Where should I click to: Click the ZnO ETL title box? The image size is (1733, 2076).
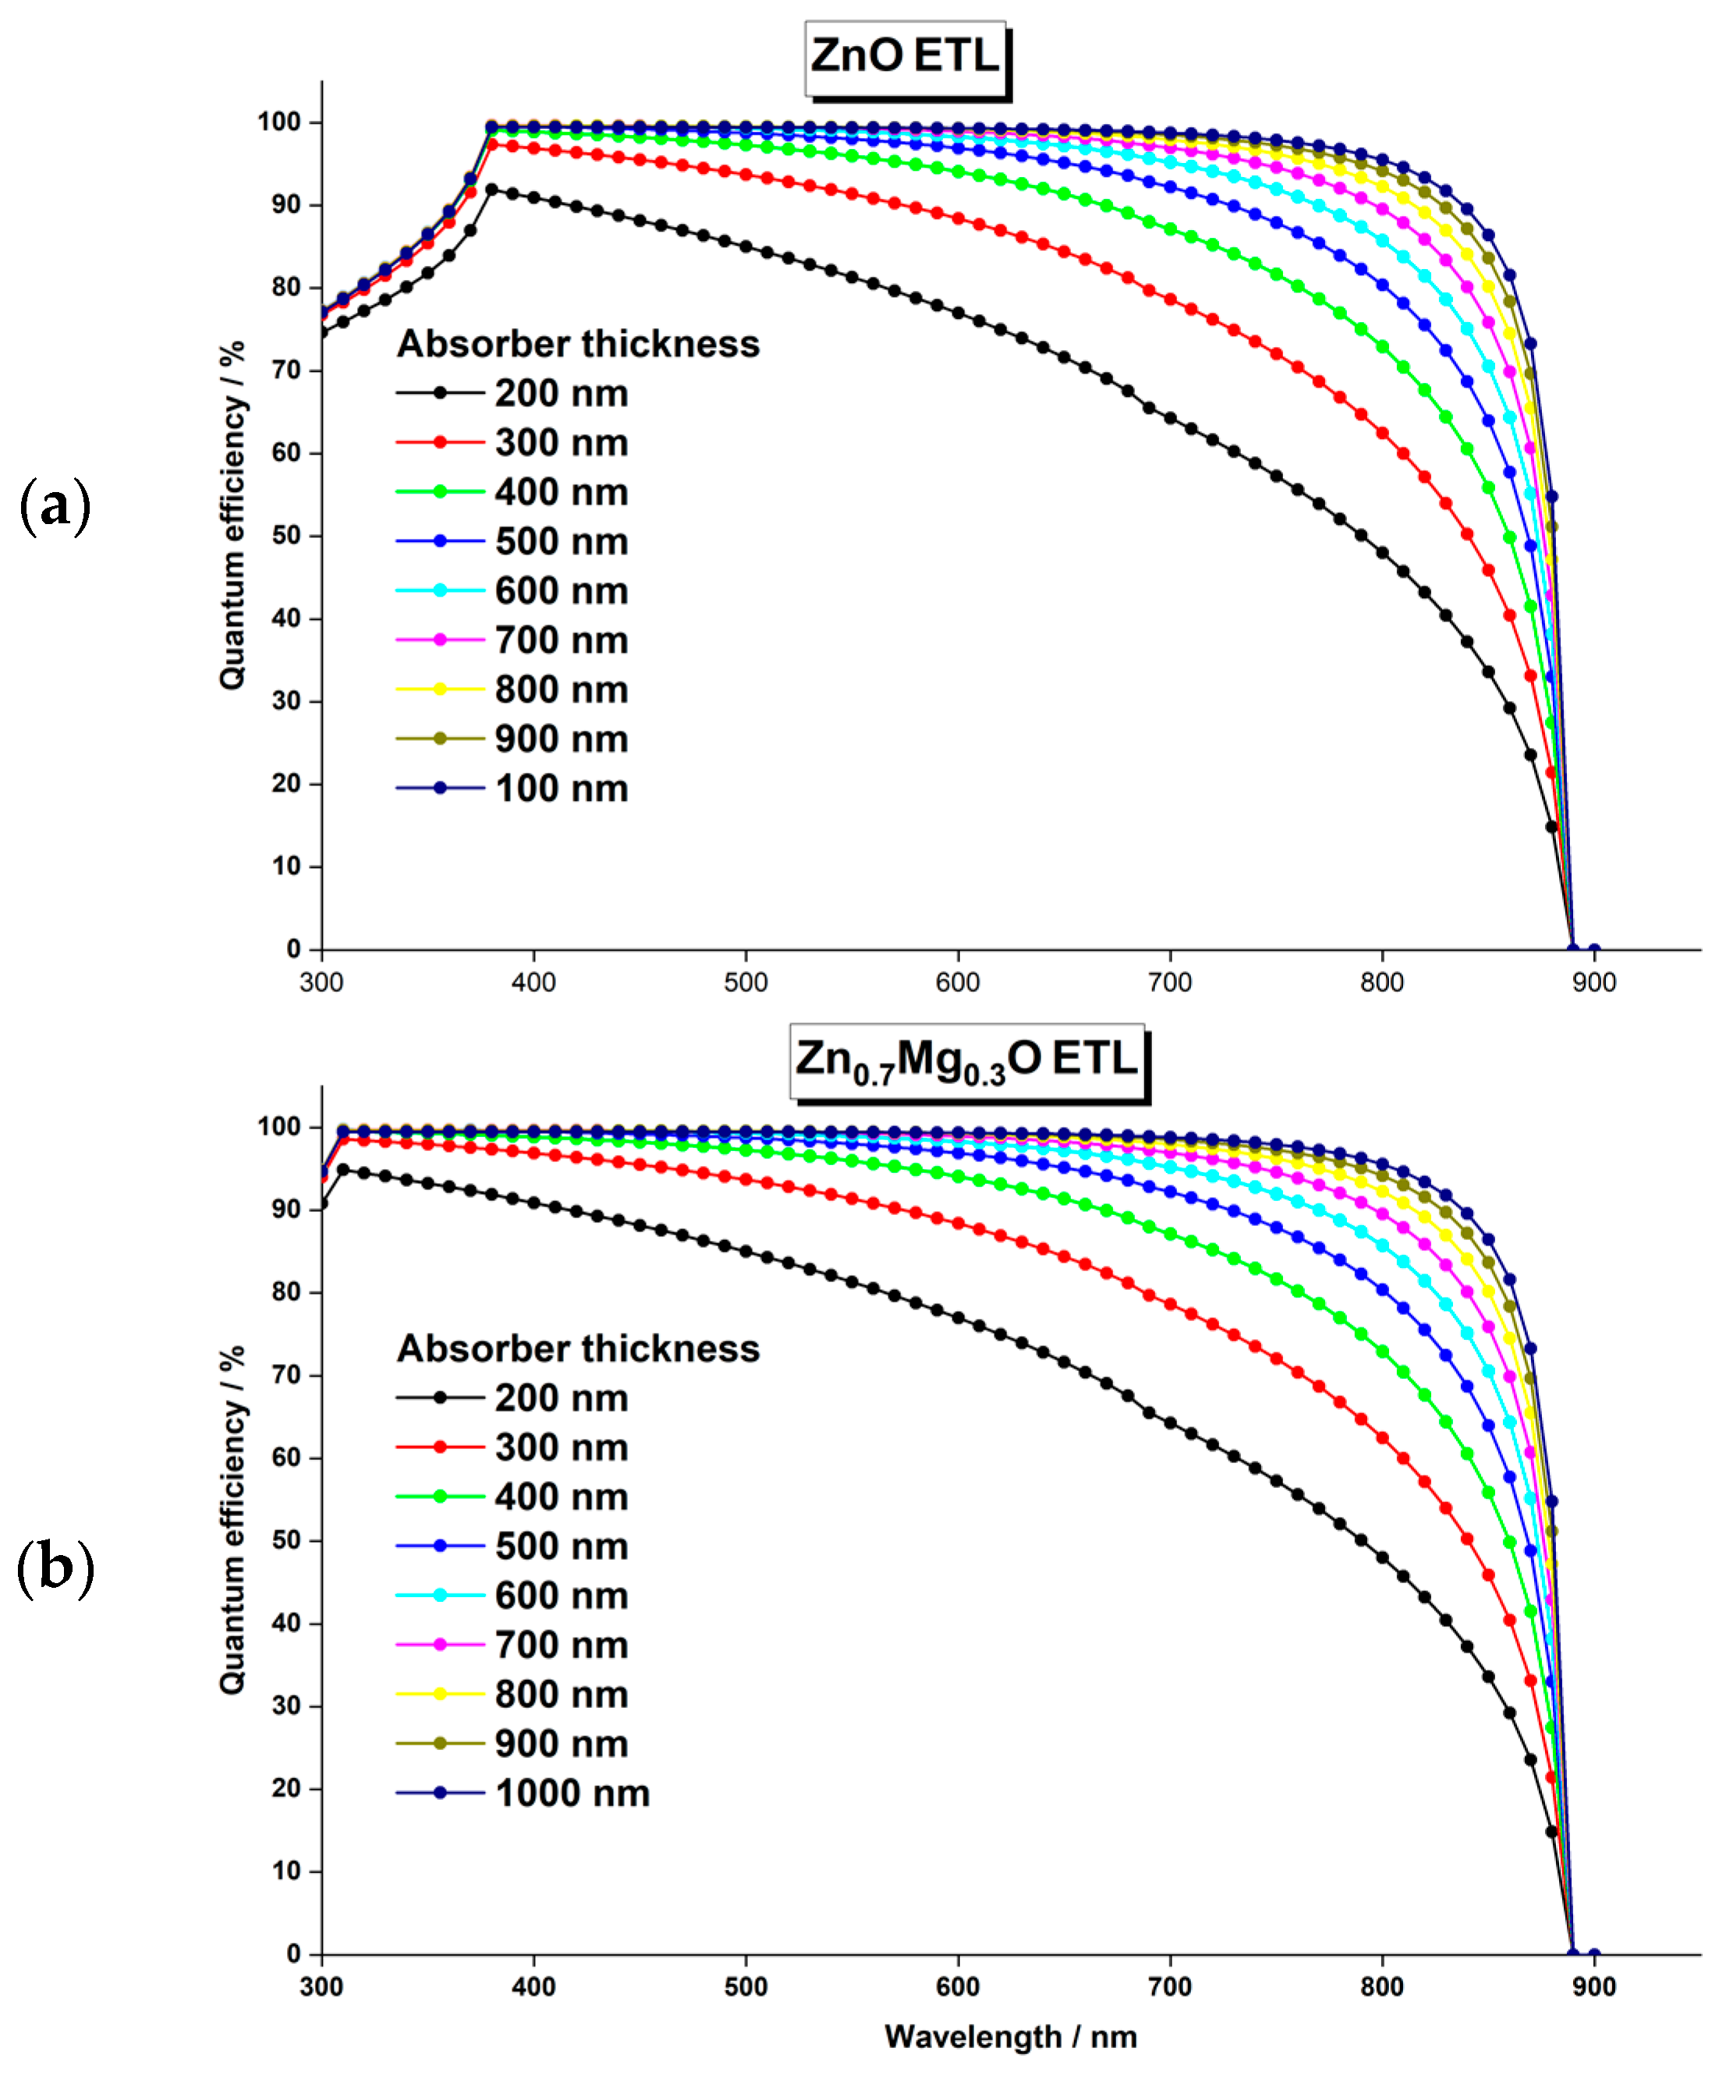(x=905, y=58)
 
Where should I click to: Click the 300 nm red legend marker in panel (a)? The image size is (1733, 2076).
(x=440, y=442)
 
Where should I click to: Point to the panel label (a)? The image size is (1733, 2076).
(x=55, y=505)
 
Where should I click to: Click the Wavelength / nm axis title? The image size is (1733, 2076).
(x=1009, y=2036)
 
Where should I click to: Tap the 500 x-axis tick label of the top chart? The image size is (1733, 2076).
(x=746, y=983)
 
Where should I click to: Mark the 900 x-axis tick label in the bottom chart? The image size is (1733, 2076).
(x=1593, y=1987)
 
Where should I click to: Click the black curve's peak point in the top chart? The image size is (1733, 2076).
(x=491, y=189)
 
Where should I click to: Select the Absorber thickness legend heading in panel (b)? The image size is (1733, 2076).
(x=579, y=1349)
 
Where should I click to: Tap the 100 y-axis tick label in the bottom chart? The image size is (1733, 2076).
(x=278, y=1127)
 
